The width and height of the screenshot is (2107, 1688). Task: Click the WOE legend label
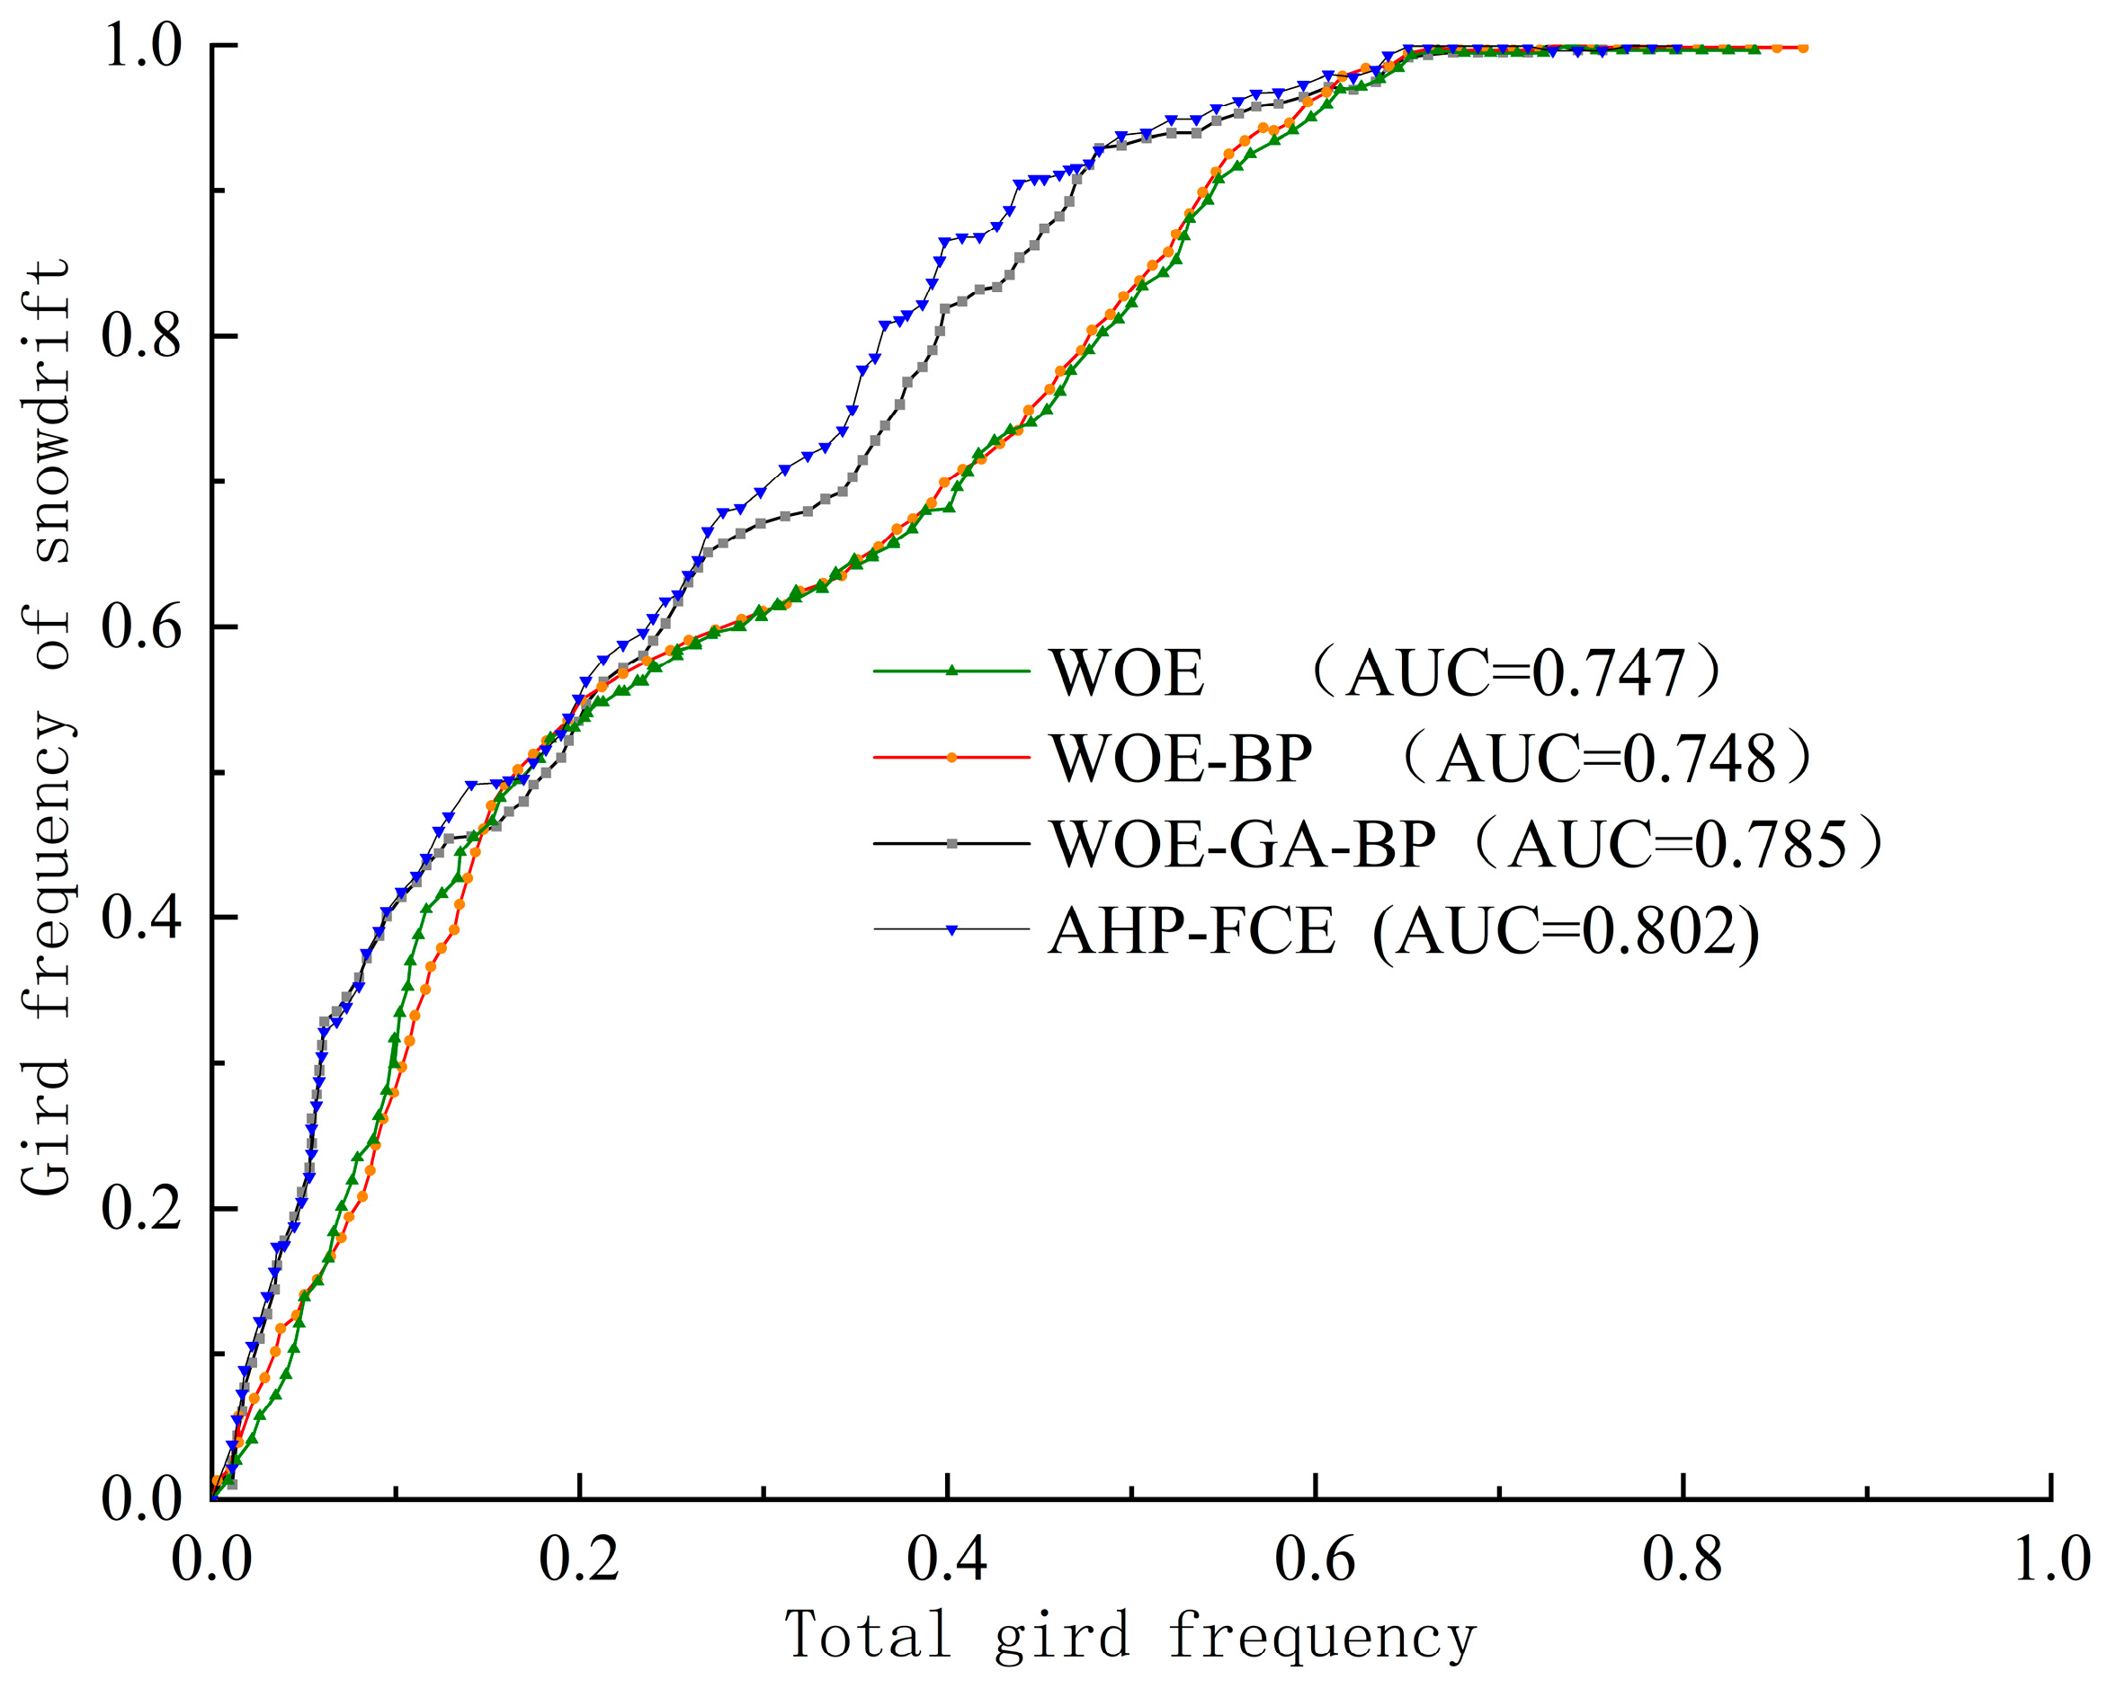(x=1127, y=673)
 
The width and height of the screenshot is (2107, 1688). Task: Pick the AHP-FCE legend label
(x=1192, y=931)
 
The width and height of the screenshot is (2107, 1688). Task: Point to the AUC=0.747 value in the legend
(x=1513, y=673)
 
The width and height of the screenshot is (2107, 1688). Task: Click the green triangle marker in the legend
(x=951, y=671)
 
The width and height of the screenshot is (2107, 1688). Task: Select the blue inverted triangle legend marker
(x=951, y=930)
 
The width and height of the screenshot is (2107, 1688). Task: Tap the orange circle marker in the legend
(x=951, y=757)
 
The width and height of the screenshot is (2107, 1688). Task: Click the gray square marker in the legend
(x=951, y=843)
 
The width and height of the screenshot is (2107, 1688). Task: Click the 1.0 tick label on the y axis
(x=144, y=46)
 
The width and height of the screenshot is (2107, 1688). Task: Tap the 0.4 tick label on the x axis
(x=946, y=1559)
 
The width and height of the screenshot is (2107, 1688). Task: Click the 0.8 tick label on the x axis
(x=1682, y=1559)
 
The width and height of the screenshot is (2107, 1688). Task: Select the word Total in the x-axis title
(x=868, y=1634)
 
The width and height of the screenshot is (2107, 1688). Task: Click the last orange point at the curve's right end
(x=1802, y=47)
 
